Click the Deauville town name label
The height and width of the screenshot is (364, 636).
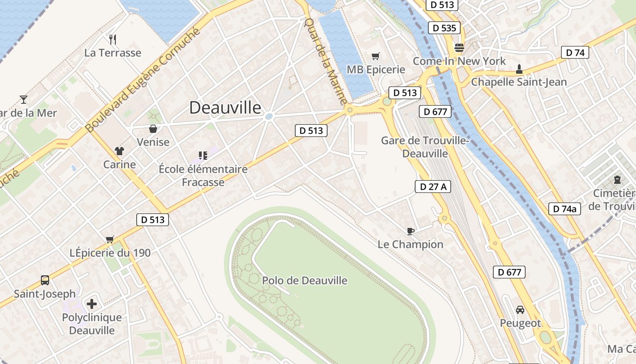(225, 108)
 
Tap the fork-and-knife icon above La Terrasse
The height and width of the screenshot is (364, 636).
(113, 40)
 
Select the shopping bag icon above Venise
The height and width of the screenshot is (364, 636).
(154, 129)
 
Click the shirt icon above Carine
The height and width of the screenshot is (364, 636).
(119, 151)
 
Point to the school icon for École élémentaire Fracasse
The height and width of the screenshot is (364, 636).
(203, 156)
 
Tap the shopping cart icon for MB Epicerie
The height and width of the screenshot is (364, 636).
(375, 56)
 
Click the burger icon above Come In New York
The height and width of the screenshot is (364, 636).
(459, 47)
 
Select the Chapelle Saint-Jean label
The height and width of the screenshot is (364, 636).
(519, 82)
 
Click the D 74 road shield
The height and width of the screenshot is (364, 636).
(575, 52)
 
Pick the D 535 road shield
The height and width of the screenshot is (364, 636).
(444, 28)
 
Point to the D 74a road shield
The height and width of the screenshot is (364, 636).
(565, 209)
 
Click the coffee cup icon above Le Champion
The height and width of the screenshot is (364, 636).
(411, 231)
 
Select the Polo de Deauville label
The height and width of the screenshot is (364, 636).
(305, 280)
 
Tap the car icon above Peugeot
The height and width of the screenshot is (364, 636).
(520, 310)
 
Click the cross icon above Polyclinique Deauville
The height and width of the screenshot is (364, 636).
(92, 303)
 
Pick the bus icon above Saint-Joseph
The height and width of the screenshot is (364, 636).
(45, 280)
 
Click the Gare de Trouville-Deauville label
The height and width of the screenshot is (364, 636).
(425, 147)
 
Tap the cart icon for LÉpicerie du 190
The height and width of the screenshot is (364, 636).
(109, 239)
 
